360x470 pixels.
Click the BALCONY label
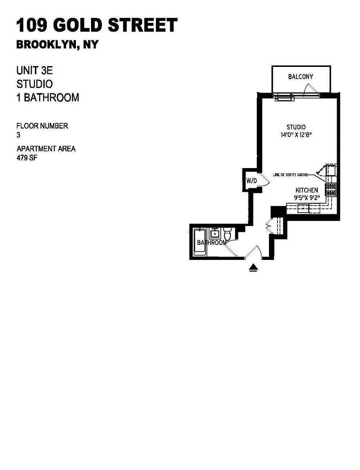coord(300,77)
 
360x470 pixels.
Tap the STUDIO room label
coord(296,127)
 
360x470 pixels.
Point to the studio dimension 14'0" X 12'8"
coord(296,135)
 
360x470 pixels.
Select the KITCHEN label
coord(307,190)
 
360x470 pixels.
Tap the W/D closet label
coord(252,181)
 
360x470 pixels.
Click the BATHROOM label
coord(211,242)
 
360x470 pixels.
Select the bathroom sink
coord(215,233)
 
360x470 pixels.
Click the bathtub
coord(200,242)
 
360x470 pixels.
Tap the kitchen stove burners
coord(330,190)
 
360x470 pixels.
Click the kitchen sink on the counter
coord(303,208)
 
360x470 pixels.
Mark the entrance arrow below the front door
coord(253,268)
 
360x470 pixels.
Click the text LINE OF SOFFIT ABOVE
coord(290,175)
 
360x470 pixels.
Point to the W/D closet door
coord(264,181)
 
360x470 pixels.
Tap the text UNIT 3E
coord(35,71)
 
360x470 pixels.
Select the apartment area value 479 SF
coord(27,157)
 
